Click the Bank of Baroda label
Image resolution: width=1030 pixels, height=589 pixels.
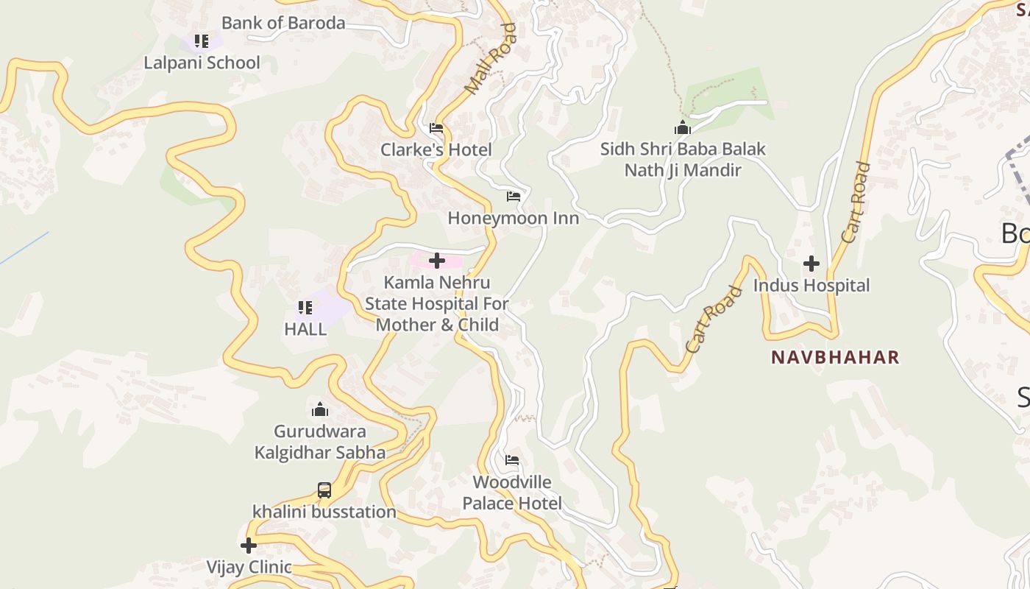(283, 23)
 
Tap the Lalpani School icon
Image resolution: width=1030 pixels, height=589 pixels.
(202, 41)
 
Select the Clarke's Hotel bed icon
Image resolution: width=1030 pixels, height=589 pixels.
(436, 128)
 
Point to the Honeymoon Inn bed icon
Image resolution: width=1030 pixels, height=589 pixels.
(514, 197)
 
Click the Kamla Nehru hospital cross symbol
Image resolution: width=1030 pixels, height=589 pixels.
(437, 261)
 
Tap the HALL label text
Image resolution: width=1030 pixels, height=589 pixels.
(305, 329)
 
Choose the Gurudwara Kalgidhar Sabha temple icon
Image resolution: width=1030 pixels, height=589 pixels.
(320, 409)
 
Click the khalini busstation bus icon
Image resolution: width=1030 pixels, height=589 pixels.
(324, 490)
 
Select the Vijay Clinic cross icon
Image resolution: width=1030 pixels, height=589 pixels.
(249, 546)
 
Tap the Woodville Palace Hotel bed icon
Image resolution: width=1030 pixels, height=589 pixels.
(512, 461)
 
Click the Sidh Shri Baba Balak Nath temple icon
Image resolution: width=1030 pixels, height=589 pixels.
(683, 127)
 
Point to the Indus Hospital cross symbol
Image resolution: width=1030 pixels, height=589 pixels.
(811, 264)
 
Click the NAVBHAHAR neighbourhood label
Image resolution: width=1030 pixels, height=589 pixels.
(835, 358)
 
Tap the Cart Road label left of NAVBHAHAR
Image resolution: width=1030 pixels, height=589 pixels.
(713, 319)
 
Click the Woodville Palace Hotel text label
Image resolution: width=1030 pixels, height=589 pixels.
(512, 493)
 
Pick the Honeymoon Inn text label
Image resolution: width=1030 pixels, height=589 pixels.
(514, 219)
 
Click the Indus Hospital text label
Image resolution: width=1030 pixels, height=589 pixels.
(811, 286)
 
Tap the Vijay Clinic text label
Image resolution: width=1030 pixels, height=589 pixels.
(249, 568)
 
